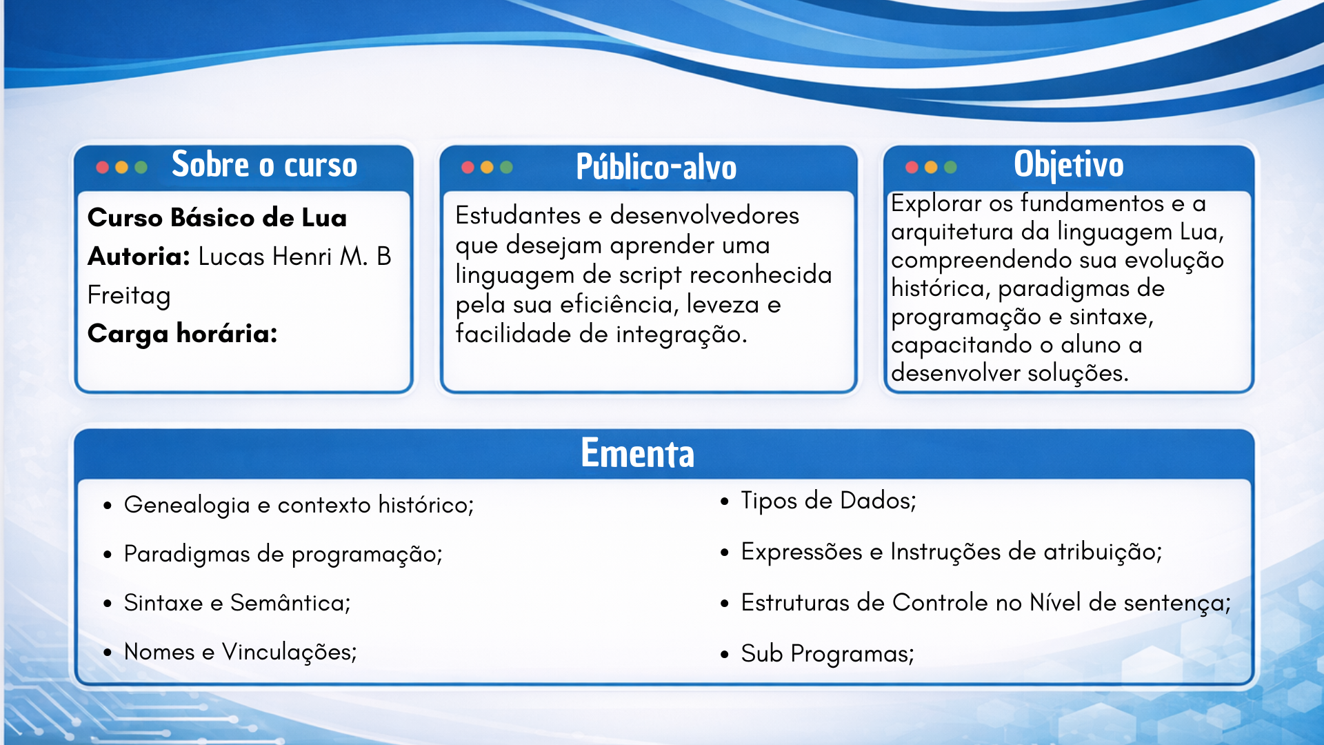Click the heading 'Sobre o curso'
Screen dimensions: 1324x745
[x=265, y=165]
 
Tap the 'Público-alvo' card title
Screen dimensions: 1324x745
[x=656, y=167]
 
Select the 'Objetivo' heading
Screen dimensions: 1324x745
[x=1069, y=165]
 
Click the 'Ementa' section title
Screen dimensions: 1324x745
[x=637, y=453]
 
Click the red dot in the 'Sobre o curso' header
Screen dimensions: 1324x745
[x=103, y=167]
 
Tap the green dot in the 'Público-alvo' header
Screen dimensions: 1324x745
[x=506, y=167]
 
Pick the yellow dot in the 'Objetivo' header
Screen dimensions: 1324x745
[x=931, y=167]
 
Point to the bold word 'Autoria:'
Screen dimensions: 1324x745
[x=139, y=257]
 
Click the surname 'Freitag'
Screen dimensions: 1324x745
[x=129, y=296]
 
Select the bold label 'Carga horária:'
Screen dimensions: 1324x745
[x=183, y=334]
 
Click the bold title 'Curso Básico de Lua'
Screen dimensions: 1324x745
[x=217, y=218]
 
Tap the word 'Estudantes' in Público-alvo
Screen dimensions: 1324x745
[x=518, y=215]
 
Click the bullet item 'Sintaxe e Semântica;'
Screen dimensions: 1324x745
[x=237, y=603]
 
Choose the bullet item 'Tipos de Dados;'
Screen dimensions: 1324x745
[x=828, y=500]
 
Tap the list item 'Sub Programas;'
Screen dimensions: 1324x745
[x=827, y=653]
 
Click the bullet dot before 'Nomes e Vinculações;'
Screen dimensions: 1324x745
[x=108, y=653]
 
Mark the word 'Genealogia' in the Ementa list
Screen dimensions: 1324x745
[x=187, y=506]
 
